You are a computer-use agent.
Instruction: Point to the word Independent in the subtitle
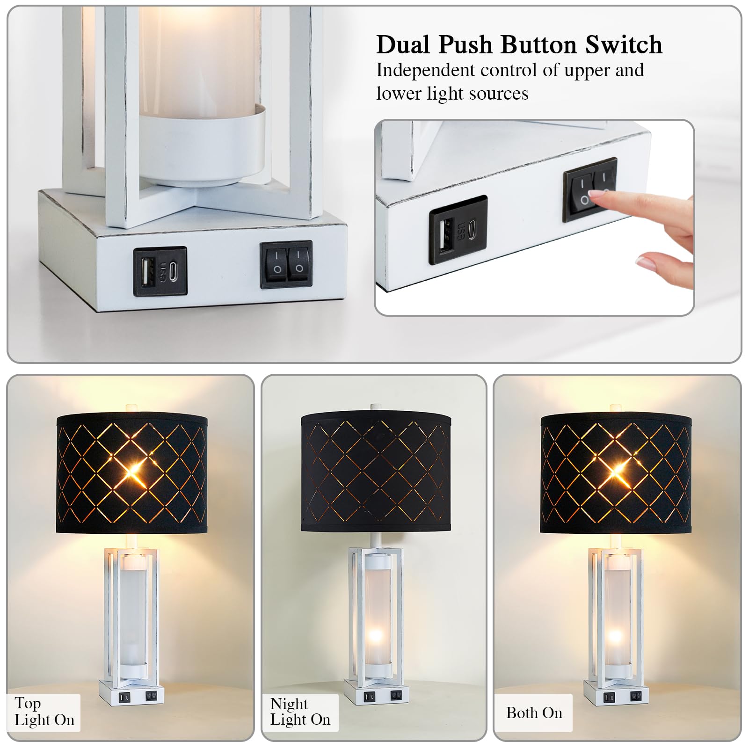[425, 70]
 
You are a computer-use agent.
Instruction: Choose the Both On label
[534, 713]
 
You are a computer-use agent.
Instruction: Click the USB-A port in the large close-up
[145, 271]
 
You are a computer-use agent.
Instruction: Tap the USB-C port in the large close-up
[173, 271]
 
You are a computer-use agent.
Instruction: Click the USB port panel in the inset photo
[458, 230]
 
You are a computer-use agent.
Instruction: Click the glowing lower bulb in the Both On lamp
[615, 636]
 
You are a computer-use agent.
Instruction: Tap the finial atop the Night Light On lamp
[374, 407]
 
